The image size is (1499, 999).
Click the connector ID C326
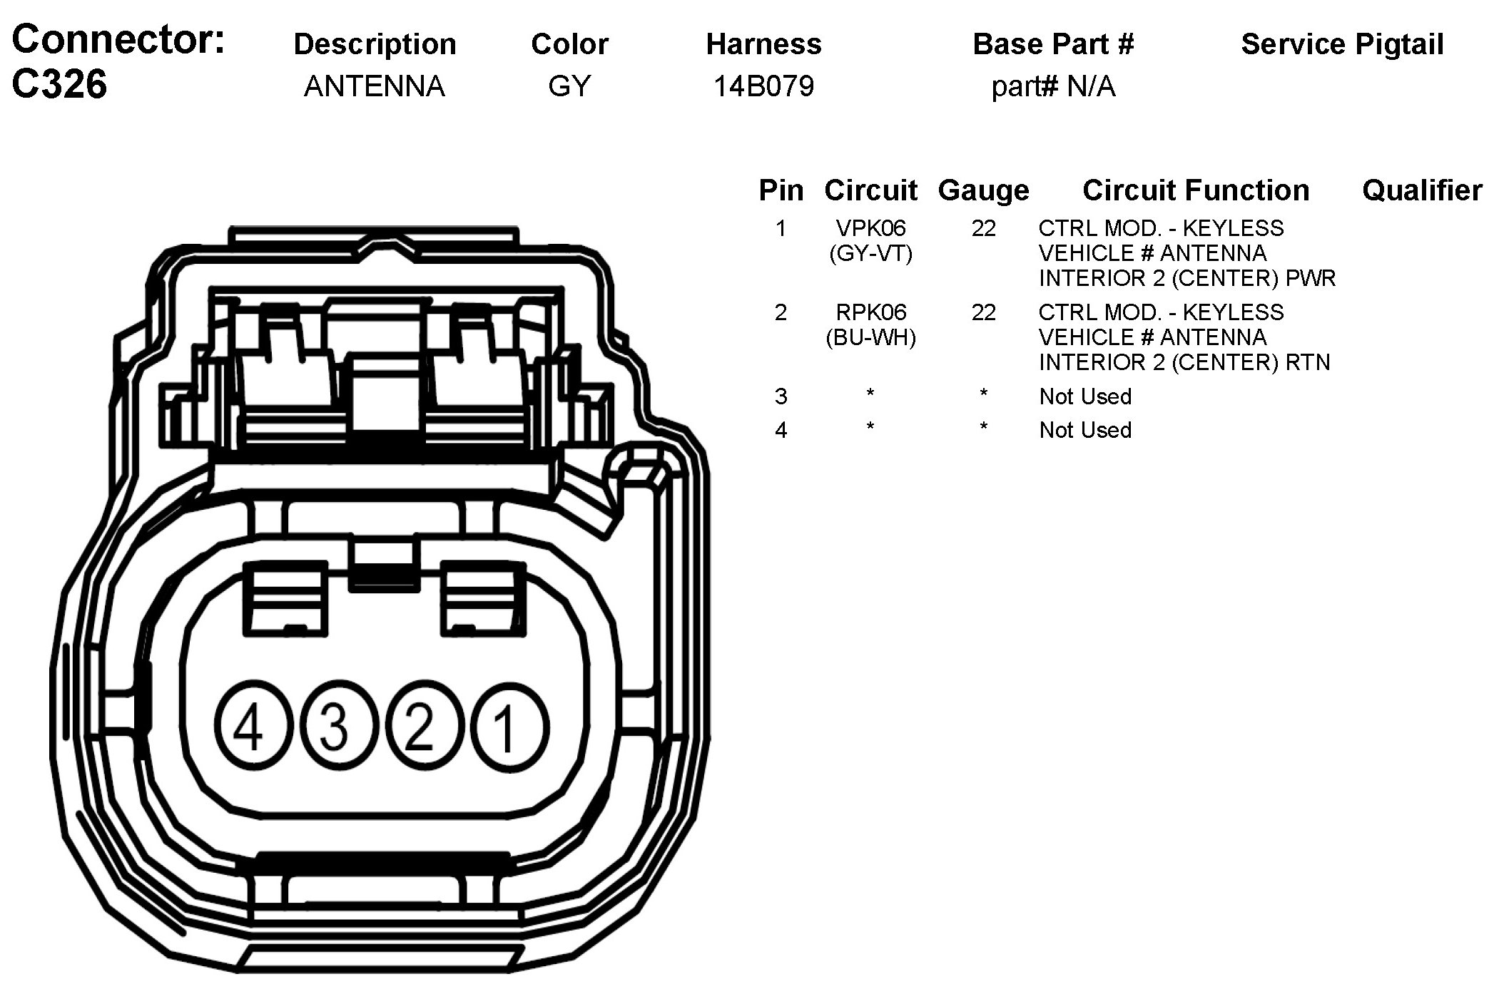[60, 84]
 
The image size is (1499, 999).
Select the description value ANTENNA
[375, 86]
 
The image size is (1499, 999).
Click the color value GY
[569, 86]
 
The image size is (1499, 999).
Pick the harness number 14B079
[763, 86]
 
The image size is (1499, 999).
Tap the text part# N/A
[1053, 87]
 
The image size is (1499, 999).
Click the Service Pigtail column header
[1342, 44]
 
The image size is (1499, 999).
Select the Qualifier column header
[1422, 190]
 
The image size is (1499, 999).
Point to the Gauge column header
[983, 190]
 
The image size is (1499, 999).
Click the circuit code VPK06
[870, 228]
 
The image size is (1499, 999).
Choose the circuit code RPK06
[870, 312]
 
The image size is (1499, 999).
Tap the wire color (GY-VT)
[870, 253]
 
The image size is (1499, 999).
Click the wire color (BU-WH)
[870, 337]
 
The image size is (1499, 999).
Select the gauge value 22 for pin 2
[983, 312]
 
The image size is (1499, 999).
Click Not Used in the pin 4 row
[1085, 430]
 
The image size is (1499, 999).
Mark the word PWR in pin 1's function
[1311, 278]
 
